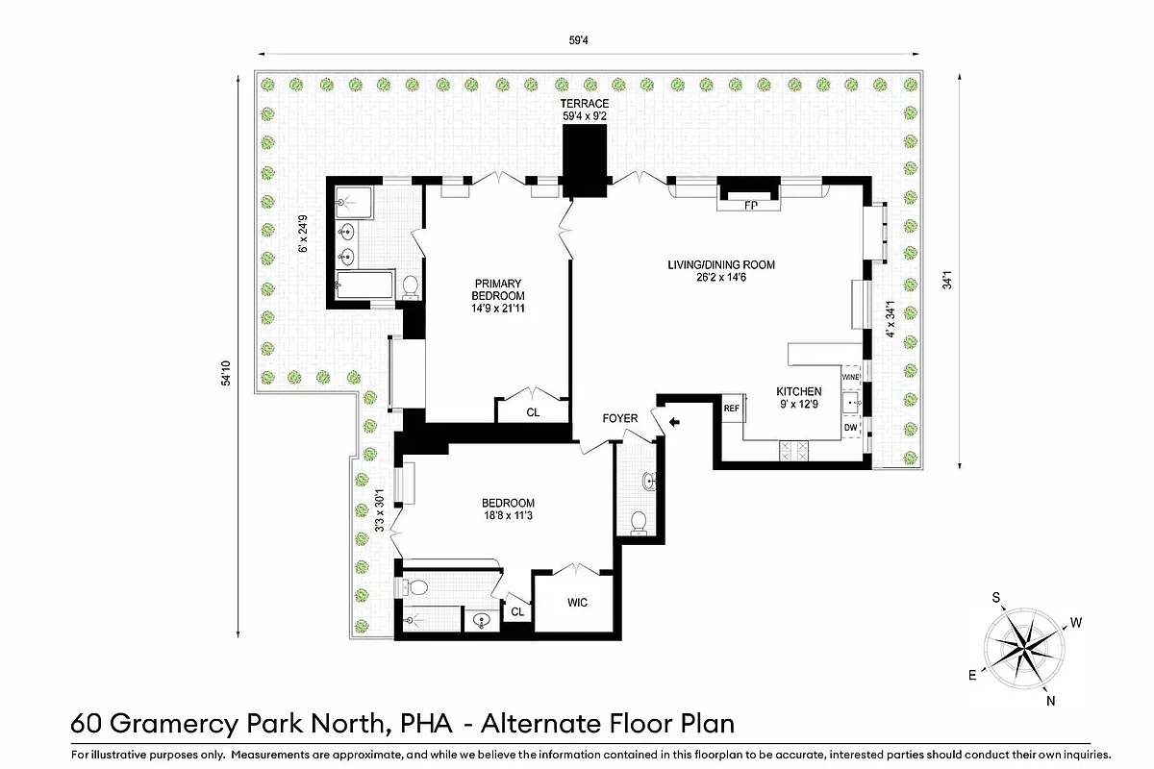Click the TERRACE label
(x=586, y=103)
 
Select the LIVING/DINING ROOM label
(x=721, y=265)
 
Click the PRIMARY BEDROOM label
(x=498, y=289)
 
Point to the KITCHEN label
(x=799, y=391)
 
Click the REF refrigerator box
(x=732, y=409)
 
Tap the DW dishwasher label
(x=850, y=427)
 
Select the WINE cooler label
(x=850, y=378)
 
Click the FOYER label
(x=620, y=419)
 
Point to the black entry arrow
(x=674, y=420)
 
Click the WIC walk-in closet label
(x=576, y=603)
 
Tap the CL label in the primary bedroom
(x=533, y=412)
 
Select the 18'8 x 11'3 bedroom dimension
(x=508, y=516)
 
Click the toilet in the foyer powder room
(x=637, y=521)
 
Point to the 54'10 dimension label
(x=225, y=373)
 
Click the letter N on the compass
(x=1051, y=701)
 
